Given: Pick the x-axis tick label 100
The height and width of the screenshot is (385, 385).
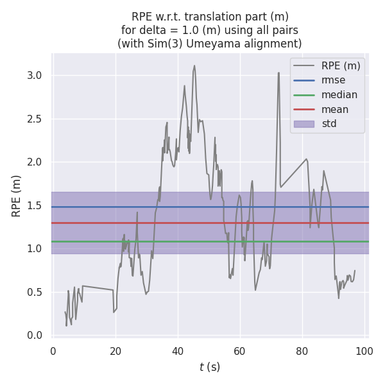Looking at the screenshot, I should [364, 351].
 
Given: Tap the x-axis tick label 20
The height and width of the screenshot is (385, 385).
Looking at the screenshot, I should [116, 351].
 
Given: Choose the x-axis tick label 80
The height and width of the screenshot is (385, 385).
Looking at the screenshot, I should [302, 351].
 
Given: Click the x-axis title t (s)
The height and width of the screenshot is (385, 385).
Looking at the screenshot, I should [210, 367].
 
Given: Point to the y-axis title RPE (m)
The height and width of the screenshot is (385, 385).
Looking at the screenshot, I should [17, 196].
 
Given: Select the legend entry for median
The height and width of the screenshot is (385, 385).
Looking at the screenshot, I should [339, 95].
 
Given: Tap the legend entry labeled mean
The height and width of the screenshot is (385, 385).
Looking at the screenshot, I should [336, 109].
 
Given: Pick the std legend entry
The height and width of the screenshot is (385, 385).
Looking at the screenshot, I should [329, 123].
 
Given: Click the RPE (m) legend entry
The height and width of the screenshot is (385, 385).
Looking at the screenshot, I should [341, 65].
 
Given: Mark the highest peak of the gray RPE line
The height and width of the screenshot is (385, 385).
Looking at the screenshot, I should [194, 65].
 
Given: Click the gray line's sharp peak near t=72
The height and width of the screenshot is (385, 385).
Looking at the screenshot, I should [278, 73].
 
